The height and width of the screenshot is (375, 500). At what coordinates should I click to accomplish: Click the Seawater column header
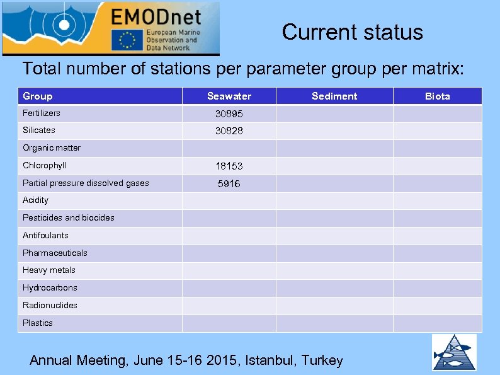[229, 96]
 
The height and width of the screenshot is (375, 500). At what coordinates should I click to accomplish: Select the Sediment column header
[334, 96]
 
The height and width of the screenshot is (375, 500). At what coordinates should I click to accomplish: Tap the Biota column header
[438, 96]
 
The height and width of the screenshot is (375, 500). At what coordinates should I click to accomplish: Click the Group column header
[38, 96]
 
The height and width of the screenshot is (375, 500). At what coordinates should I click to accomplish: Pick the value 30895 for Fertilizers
[229, 114]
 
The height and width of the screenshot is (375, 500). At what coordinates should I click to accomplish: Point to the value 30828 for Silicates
[229, 131]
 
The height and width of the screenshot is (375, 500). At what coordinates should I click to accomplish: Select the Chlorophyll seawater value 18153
[229, 166]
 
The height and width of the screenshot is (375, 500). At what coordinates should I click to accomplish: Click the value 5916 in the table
[229, 184]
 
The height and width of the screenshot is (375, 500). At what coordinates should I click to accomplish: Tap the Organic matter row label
[52, 148]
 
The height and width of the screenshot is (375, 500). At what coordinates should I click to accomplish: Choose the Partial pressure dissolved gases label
[86, 183]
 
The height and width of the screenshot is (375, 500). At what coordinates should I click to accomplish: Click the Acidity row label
[36, 200]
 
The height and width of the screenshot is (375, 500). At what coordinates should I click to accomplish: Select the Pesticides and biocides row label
[69, 218]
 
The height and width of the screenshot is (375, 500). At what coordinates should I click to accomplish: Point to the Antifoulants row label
[46, 236]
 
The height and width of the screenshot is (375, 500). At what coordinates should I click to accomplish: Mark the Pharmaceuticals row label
[55, 253]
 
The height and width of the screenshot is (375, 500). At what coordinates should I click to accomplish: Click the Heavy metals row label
[49, 270]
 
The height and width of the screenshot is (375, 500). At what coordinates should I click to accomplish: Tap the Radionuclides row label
[50, 306]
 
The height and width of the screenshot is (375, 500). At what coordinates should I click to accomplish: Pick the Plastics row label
[38, 323]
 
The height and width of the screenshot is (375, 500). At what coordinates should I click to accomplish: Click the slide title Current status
[353, 32]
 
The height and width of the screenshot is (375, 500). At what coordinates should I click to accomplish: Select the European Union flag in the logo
[127, 40]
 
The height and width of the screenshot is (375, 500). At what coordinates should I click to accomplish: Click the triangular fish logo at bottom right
[454, 352]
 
